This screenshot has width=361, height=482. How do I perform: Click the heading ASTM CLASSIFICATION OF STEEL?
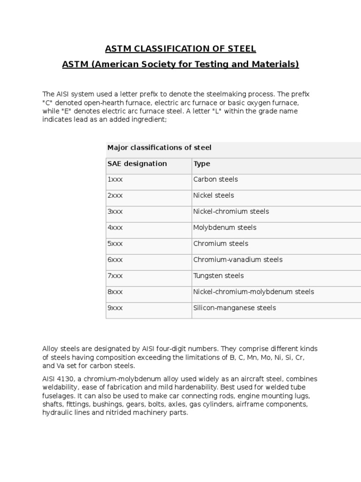click(x=180, y=48)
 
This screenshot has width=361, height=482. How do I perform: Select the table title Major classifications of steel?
click(x=159, y=148)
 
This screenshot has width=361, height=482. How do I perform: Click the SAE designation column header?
click(x=137, y=164)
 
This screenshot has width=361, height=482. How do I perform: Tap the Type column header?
click(x=202, y=164)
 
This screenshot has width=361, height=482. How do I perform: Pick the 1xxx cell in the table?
click(x=115, y=179)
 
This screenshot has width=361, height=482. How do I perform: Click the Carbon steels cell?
click(x=215, y=179)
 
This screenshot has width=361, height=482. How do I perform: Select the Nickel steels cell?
click(x=213, y=195)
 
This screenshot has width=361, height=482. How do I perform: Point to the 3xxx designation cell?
click(x=115, y=211)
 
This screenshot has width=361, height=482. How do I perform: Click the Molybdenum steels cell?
click(x=225, y=227)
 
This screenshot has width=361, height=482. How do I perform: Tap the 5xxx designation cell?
click(x=115, y=243)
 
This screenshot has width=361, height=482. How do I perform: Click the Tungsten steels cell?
click(x=219, y=276)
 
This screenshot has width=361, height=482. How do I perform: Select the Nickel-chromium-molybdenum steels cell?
click(x=253, y=292)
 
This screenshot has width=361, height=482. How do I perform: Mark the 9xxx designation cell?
click(x=115, y=308)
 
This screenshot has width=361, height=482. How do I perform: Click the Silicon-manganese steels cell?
click(x=235, y=308)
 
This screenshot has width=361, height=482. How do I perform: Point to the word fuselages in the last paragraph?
click(x=58, y=396)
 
